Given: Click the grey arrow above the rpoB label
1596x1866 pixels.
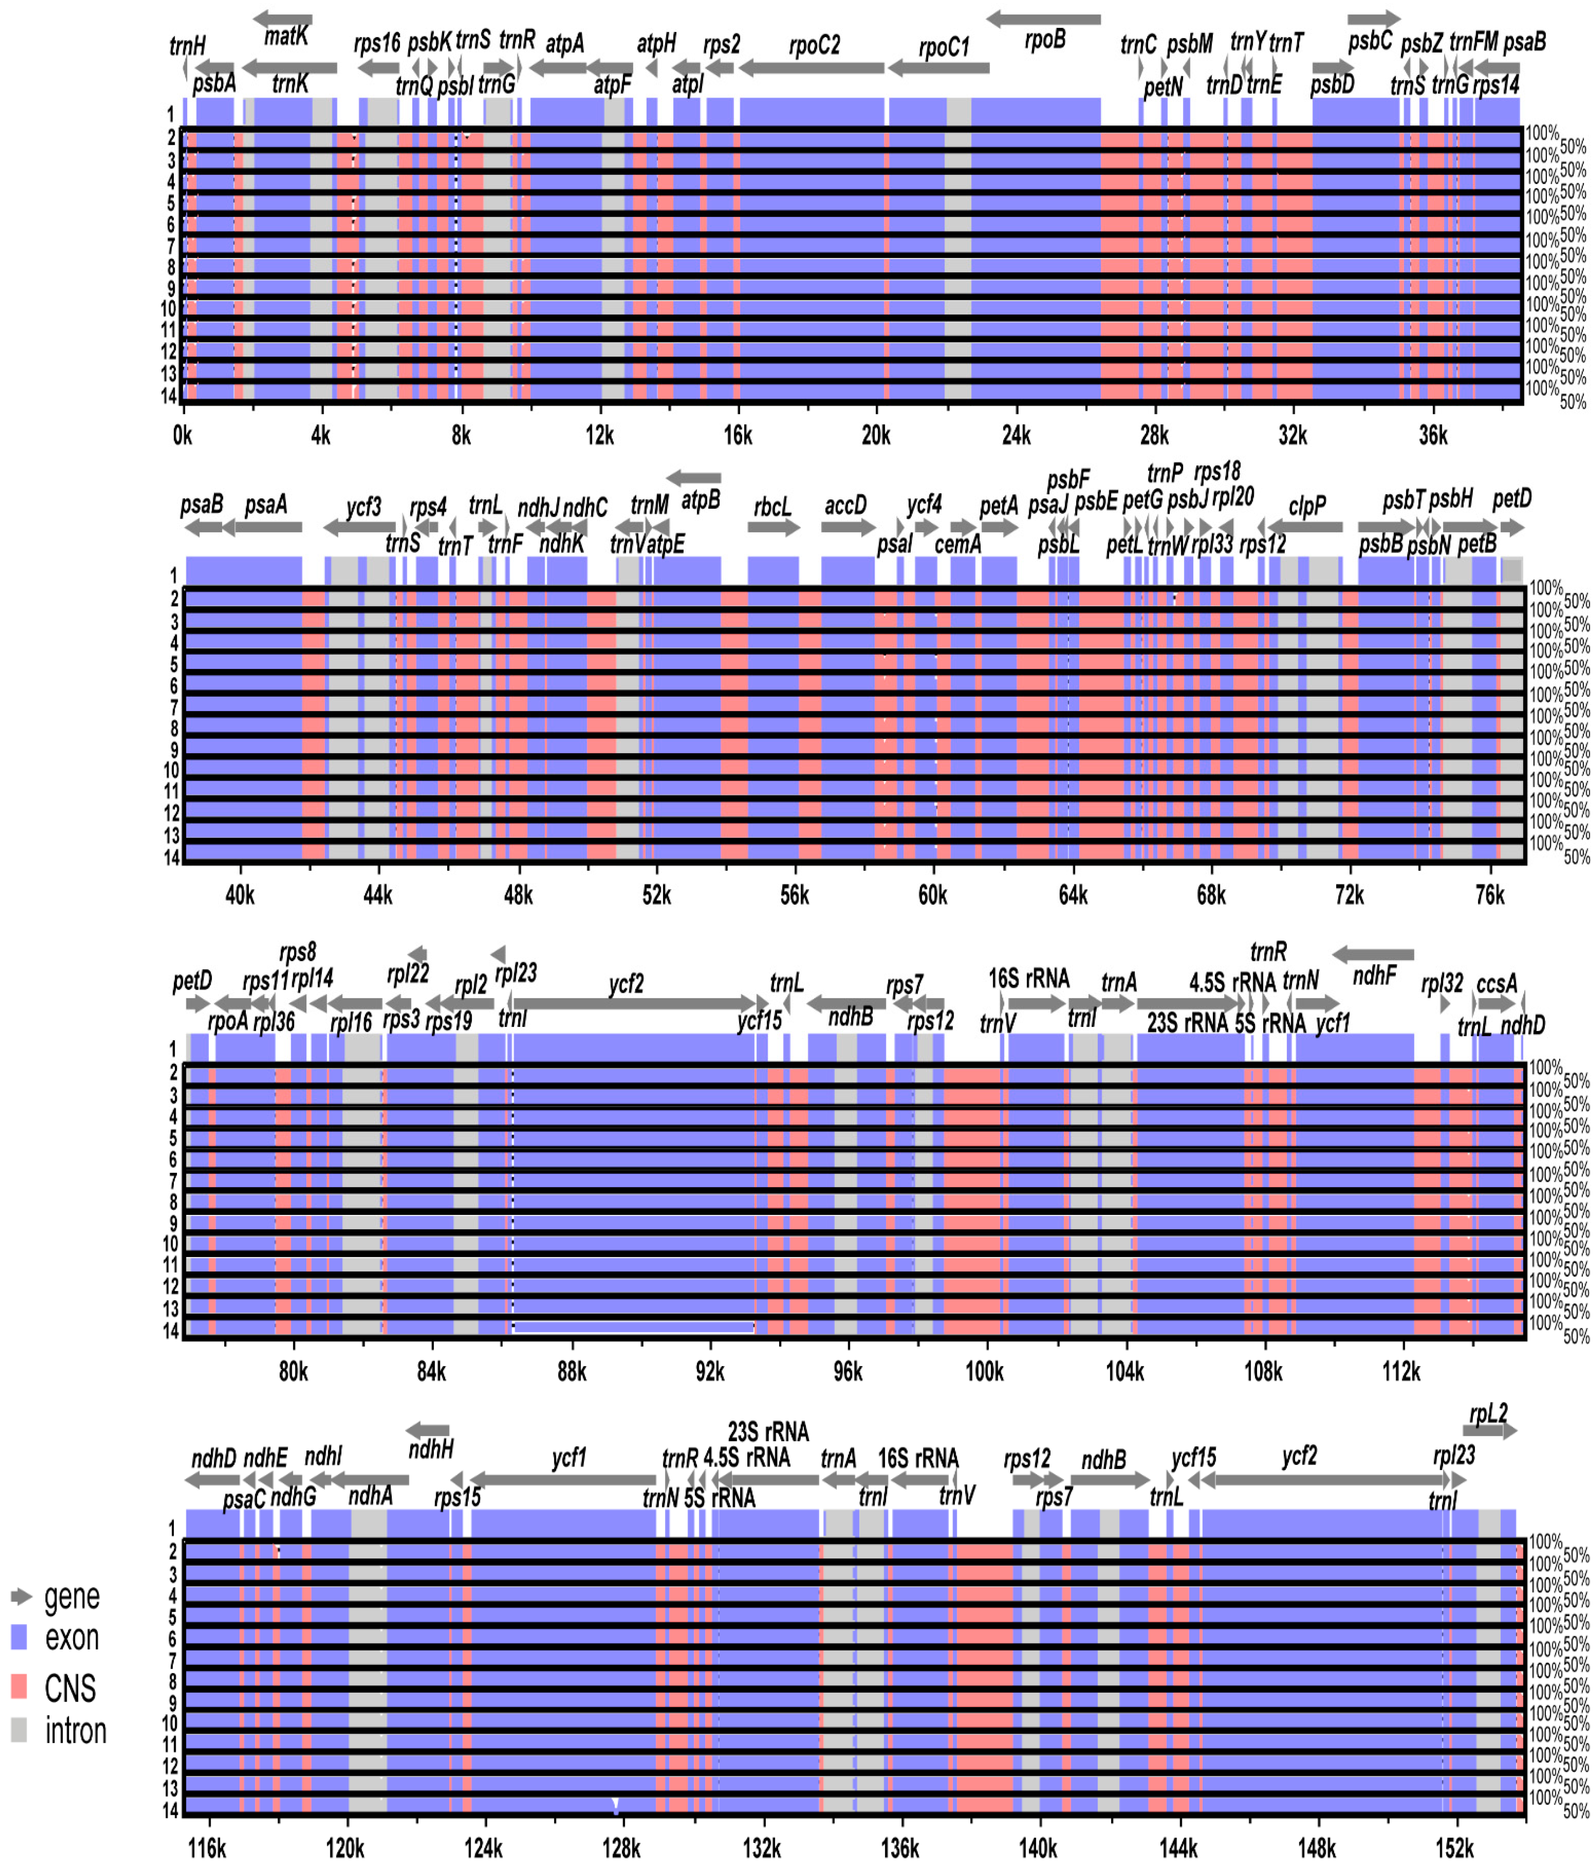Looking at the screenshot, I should [1043, 19].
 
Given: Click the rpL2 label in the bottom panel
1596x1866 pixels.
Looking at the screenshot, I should [1488, 1414].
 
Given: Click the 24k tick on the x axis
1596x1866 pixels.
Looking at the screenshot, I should [1016, 436].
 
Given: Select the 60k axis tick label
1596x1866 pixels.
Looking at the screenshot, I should [933, 896].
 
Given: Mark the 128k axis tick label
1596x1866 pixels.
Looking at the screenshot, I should [621, 1848].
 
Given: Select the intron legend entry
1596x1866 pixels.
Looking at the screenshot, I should [76, 1731].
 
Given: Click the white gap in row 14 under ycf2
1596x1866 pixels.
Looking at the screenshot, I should [633, 1327].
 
